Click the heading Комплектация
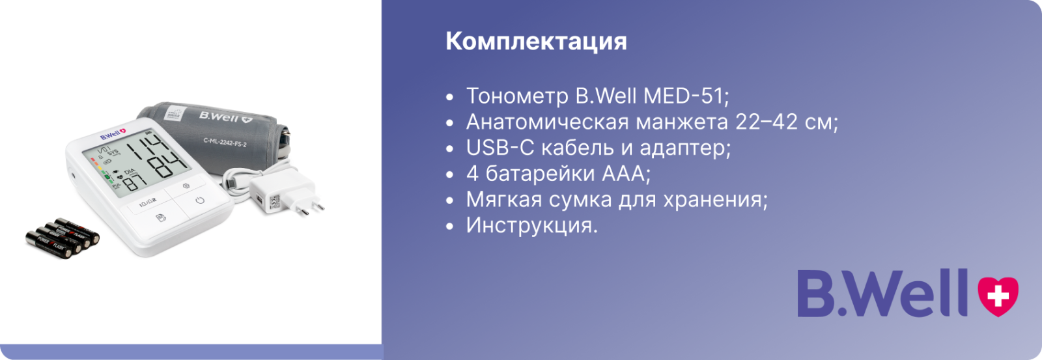536,42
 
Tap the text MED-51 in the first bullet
686,96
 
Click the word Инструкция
531,226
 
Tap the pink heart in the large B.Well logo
998,296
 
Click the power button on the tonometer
200,201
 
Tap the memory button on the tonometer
160,217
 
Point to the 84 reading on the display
167,165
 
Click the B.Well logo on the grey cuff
225,117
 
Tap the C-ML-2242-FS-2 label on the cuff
225,142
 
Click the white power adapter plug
285,195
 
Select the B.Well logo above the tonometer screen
113,134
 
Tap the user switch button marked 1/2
148,203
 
